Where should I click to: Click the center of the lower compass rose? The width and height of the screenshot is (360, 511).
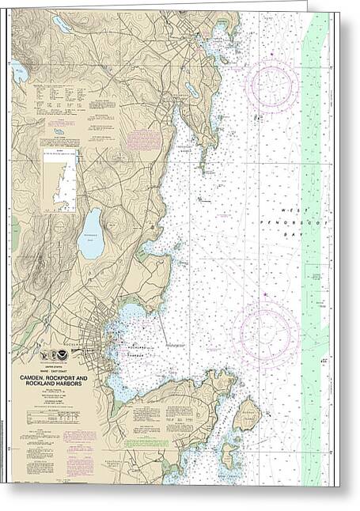[x=265, y=332]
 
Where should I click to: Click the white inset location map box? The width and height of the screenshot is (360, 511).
[x=60, y=181]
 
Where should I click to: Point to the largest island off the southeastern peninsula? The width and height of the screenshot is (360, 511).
[x=247, y=414]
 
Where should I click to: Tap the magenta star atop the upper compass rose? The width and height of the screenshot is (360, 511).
[x=271, y=54]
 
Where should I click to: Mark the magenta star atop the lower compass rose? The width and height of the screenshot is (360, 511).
[x=265, y=301]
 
